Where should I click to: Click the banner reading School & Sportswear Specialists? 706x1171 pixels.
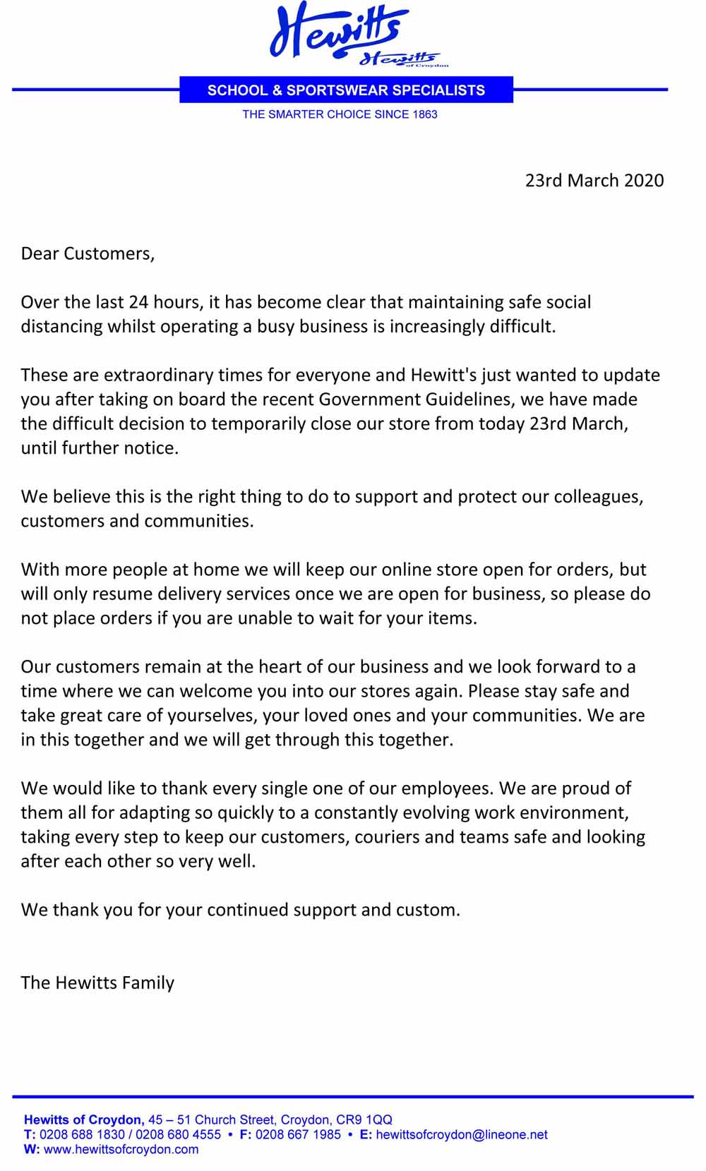point(346,90)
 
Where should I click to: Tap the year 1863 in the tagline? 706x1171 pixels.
point(425,114)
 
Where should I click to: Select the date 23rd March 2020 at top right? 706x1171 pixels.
point(594,181)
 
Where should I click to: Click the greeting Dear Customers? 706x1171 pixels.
point(88,253)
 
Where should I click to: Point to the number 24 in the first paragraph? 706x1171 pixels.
point(138,302)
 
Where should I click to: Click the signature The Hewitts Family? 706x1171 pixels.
point(97,983)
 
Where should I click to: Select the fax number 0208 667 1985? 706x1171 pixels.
point(298,1134)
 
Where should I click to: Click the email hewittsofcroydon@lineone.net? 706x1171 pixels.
point(462,1134)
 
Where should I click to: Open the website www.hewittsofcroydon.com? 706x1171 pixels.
point(121,1149)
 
